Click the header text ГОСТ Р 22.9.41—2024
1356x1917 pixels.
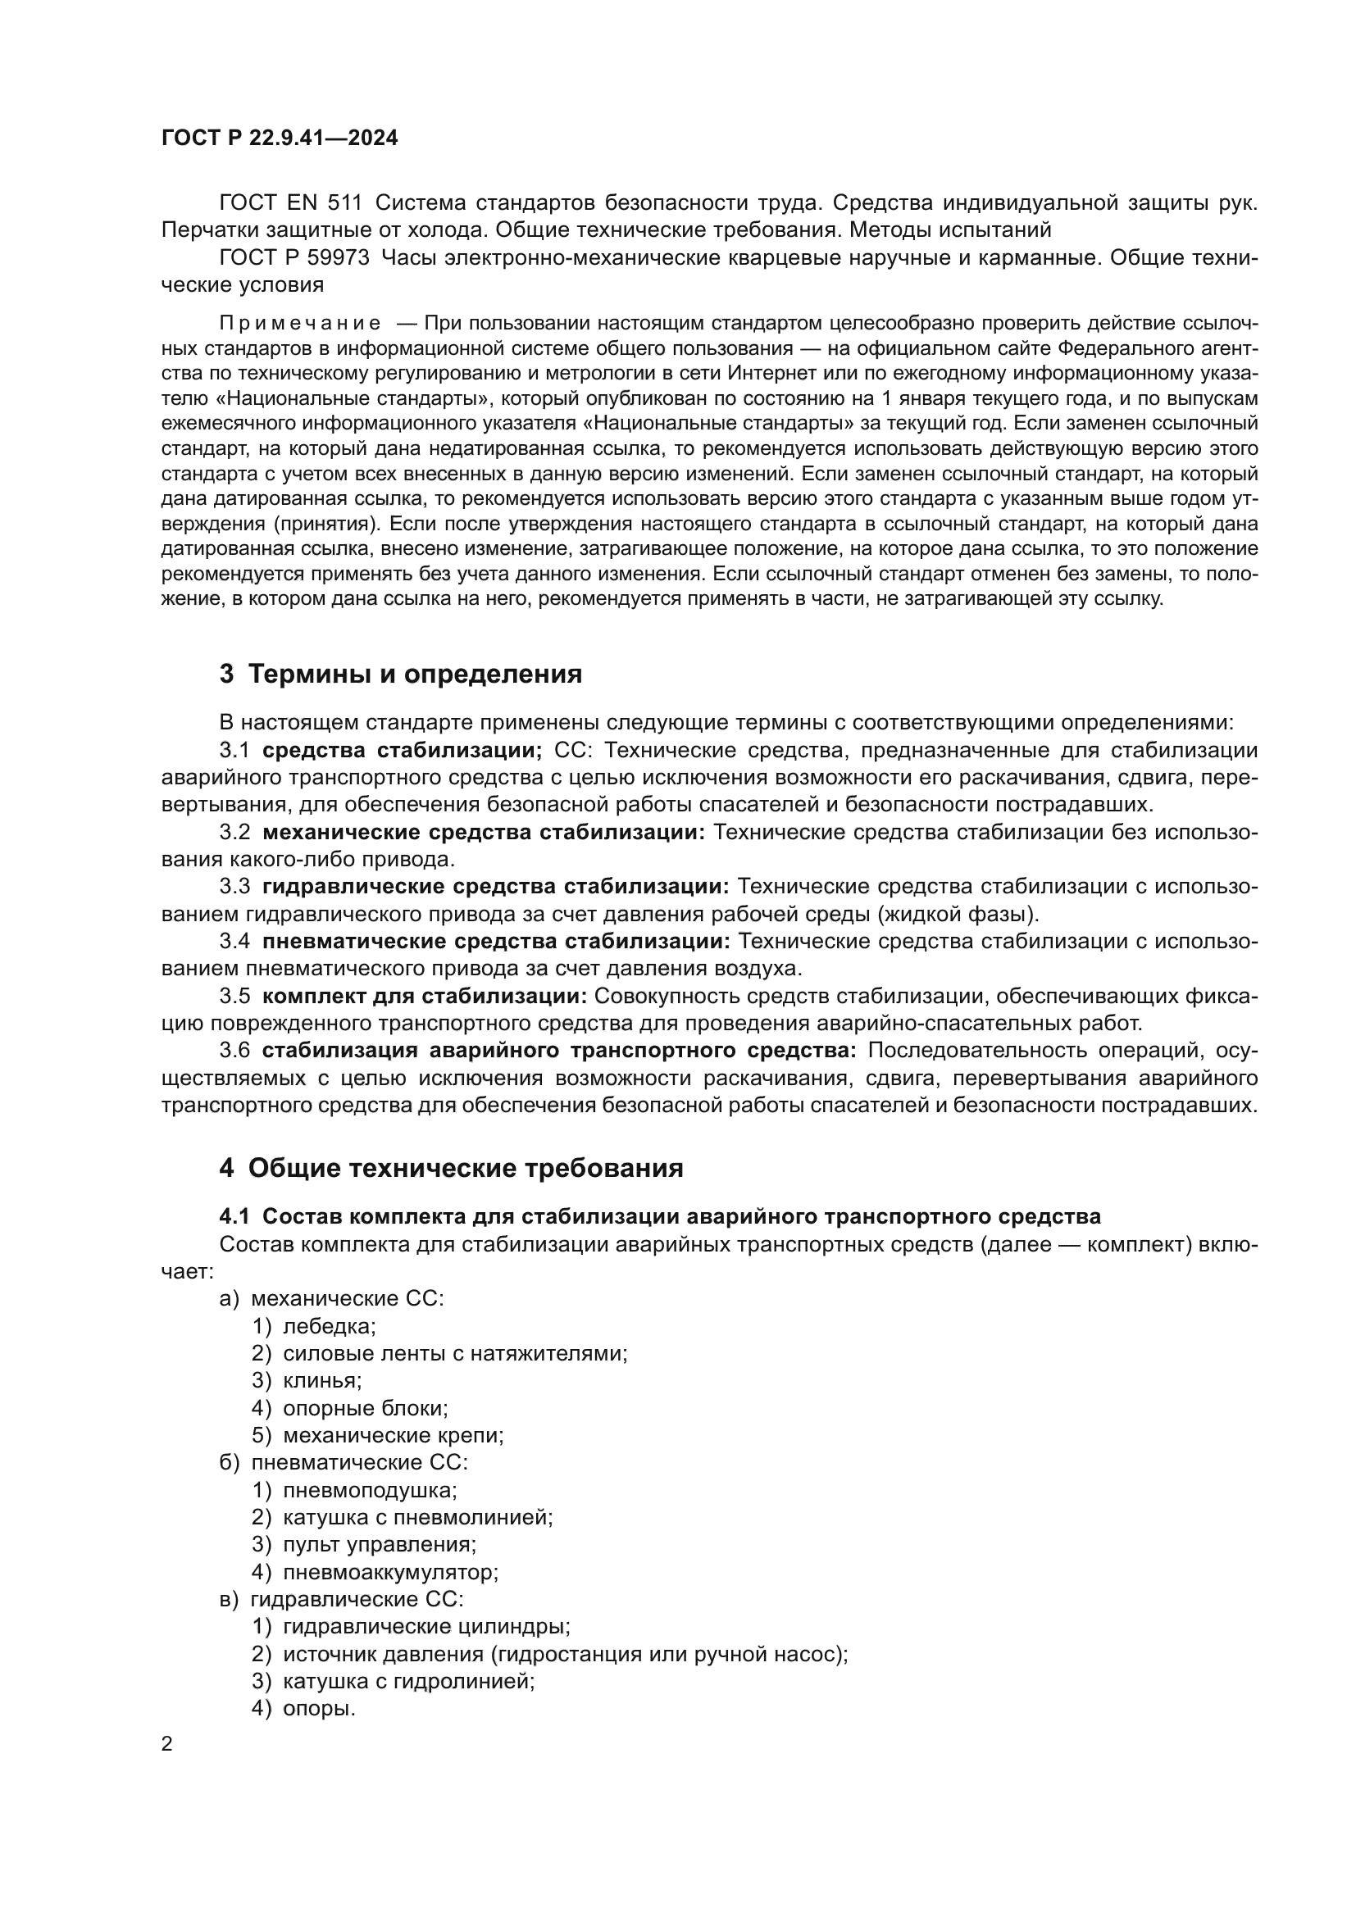tap(280, 139)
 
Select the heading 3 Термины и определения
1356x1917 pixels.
tap(401, 674)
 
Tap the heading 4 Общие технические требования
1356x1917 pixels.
tap(451, 1167)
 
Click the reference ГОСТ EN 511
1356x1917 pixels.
tap(290, 203)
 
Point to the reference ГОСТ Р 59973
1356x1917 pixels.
tap(294, 258)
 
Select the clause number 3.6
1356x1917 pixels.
tap(234, 1051)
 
